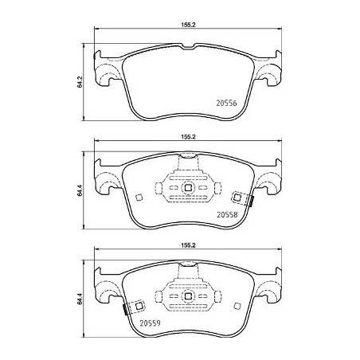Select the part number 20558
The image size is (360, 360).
(228, 213)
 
